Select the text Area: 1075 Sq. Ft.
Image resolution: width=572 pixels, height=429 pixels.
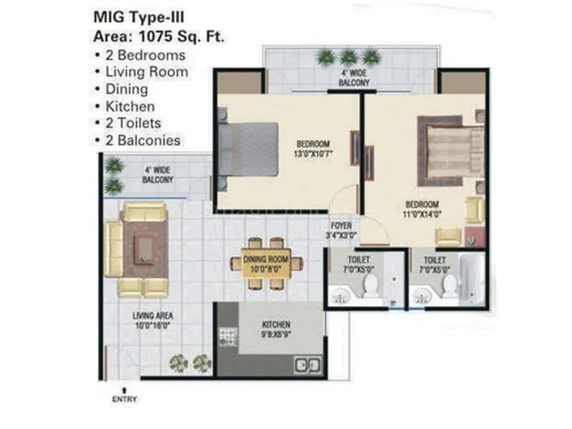pyautogui.click(x=159, y=36)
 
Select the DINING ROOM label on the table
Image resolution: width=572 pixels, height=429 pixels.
pyautogui.click(x=266, y=264)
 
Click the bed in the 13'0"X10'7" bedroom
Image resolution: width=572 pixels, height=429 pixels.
pyautogui.click(x=247, y=149)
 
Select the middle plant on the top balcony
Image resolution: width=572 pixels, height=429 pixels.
pyautogui.click(x=347, y=56)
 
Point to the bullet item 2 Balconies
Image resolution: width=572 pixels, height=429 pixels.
pyautogui.click(x=142, y=140)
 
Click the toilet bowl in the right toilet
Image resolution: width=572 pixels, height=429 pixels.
pyautogui.click(x=449, y=285)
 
